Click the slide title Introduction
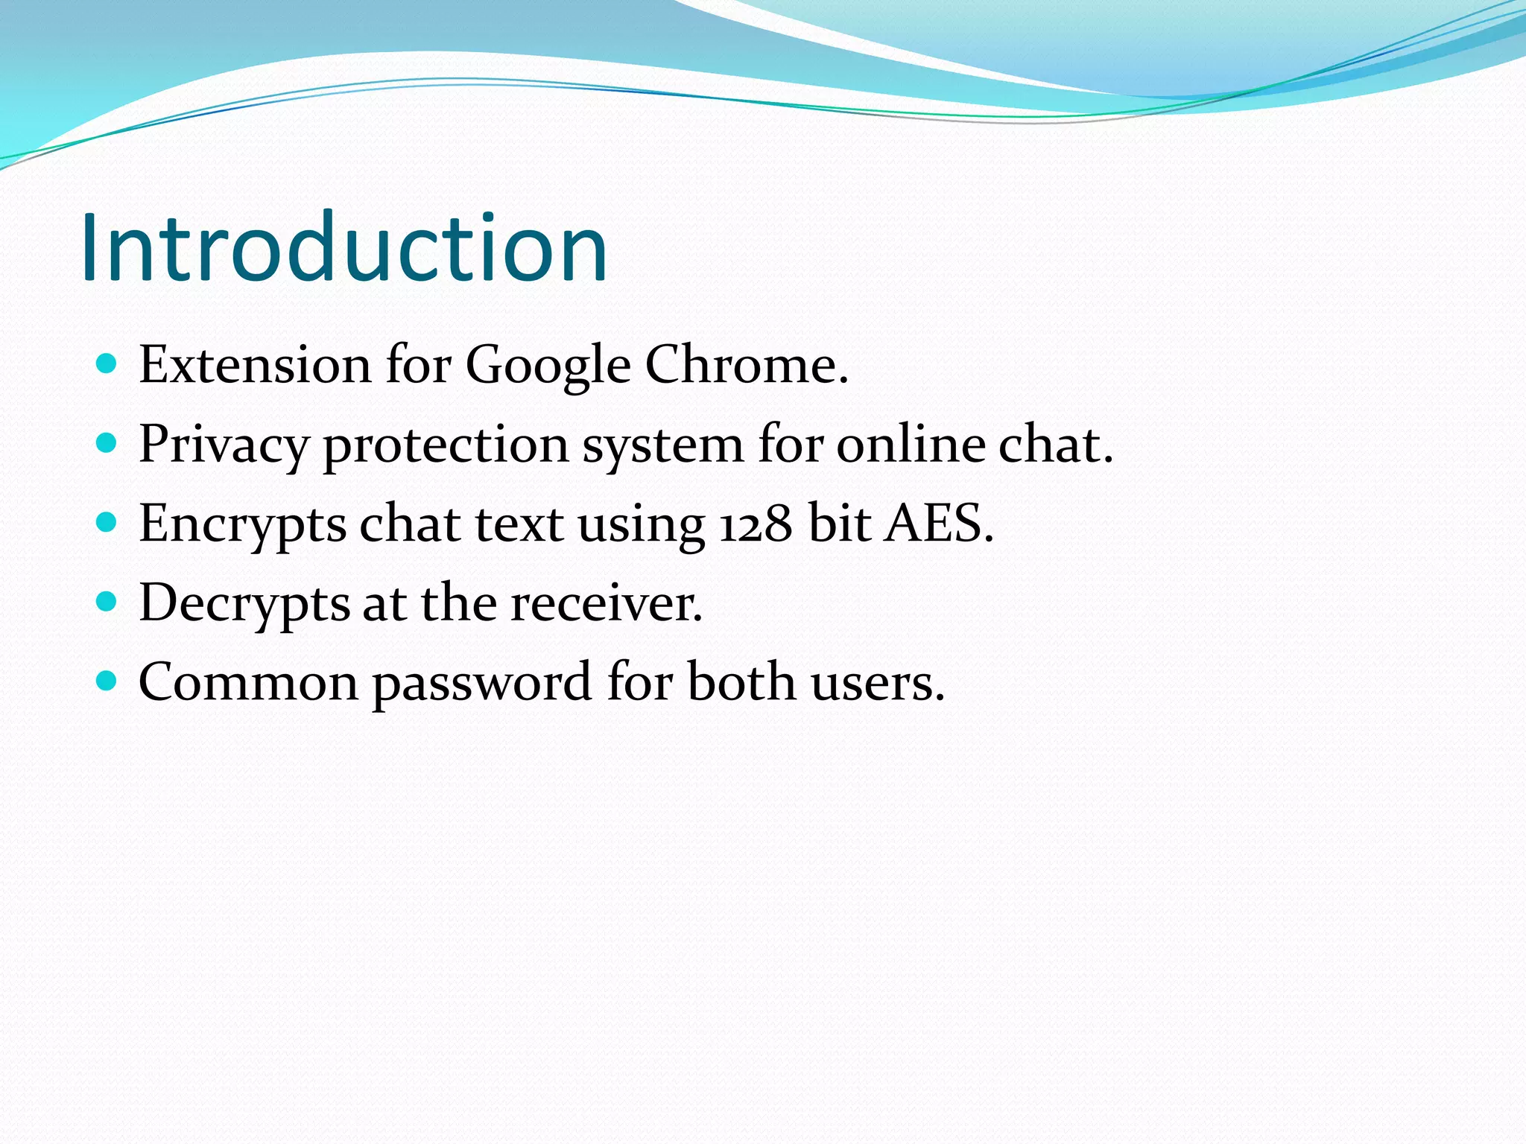[x=344, y=247]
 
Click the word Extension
[x=255, y=365]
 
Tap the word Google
[x=548, y=366]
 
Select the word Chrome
[x=745, y=365]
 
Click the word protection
[x=446, y=445]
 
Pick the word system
[x=662, y=445]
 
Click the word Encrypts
[x=243, y=524]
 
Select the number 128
[x=756, y=524]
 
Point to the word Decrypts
[x=244, y=603]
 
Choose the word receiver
[x=606, y=603]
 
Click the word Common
[x=249, y=682]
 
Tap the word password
[x=481, y=684]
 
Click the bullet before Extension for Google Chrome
[x=107, y=363]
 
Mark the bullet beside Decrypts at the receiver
[x=107, y=601]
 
